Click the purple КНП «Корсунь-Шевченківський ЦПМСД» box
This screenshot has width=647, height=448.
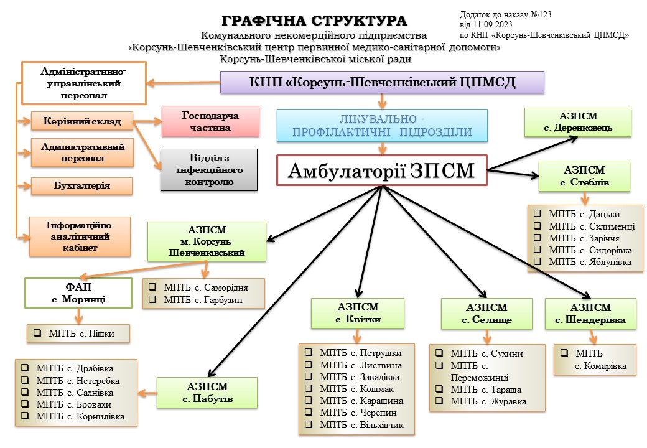click(x=382, y=82)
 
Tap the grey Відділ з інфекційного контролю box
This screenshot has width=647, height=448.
click(x=209, y=169)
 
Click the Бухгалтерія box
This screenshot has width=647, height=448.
click(x=81, y=186)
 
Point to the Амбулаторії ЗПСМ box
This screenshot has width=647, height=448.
click(x=381, y=170)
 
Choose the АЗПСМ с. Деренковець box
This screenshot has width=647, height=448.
click(x=578, y=122)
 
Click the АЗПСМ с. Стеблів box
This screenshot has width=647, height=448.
click(x=584, y=175)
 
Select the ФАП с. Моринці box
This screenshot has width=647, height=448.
click(x=78, y=293)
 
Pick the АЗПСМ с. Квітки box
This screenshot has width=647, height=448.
click(x=358, y=314)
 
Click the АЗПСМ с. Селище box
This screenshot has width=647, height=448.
click(x=486, y=314)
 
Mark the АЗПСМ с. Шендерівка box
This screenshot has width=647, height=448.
click(x=590, y=314)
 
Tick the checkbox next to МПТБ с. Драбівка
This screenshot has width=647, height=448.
click(x=26, y=369)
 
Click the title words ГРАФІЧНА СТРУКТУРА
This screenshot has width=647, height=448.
click(x=315, y=20)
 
